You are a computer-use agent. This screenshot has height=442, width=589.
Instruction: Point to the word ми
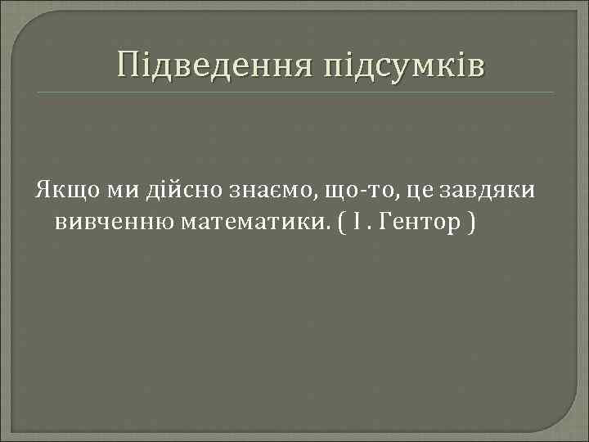pyautogui.click(x=120, y=191)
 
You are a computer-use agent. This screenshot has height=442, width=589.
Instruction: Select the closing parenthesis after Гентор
pyautogui.click(x=471, y=223)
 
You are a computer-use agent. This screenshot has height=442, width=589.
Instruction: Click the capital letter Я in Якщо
pyautogui.click(x=41, y=190)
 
